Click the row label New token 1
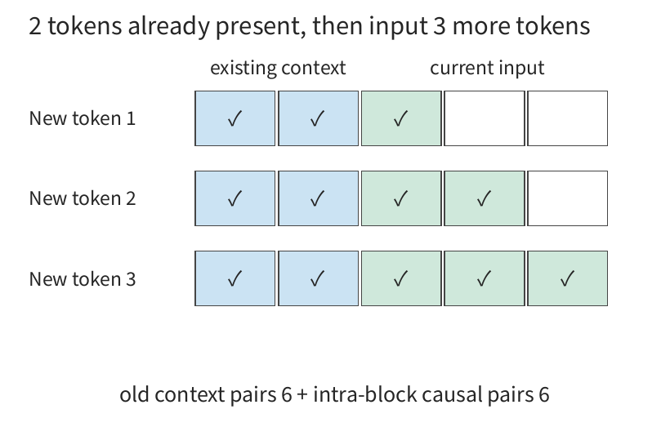(82, 118)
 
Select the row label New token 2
(82, 198)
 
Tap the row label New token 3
(82, 279)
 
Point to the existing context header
(278, 68)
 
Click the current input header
(487, 68)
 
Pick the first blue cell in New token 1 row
(235, 118)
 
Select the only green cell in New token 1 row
(401, 118)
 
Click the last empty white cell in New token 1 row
(567, 118)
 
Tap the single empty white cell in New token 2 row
(567, 198)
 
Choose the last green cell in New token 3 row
(567, 278)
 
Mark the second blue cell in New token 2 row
(319, 198)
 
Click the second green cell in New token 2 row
(485, 198)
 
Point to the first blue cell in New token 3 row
(235, 278)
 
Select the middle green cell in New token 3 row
(485, 278)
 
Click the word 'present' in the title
(260, 26)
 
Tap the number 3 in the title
(440, 25)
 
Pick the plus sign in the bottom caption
(302, 395)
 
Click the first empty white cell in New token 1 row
(485, 118)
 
